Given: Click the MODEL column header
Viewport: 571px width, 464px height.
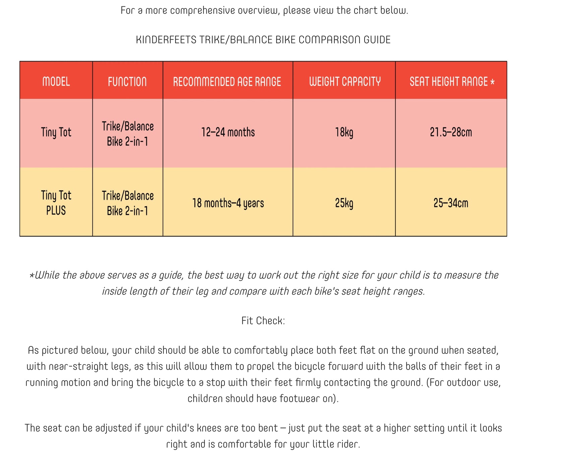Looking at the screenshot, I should coord(56,81).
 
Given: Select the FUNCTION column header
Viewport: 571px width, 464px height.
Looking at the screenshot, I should coord(127,81).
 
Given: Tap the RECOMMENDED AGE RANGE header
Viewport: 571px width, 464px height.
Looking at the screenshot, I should coord(227,81).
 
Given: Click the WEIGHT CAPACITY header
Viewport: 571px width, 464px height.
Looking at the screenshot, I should coord(345,81).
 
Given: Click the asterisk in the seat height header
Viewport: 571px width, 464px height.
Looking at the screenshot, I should coord(492,82).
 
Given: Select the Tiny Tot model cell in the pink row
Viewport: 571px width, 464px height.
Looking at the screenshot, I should coord(56,132).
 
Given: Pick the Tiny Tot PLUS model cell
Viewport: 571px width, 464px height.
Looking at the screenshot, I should coord(56,203).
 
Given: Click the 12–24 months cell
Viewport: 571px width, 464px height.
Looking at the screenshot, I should coord(228,132).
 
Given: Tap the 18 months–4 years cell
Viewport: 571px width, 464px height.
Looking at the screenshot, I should coord(228,203).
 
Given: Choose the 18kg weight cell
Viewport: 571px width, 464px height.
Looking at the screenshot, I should coord(344,132).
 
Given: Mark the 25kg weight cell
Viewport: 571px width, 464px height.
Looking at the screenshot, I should coord(344,203).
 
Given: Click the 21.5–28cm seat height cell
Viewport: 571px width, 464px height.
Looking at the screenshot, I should coord(451,132).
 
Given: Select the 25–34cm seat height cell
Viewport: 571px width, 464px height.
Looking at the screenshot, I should coord(451,203).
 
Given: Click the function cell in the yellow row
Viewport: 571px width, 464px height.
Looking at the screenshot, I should coord(128,203).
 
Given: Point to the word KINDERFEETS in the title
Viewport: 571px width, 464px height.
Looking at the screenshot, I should coord(166,40).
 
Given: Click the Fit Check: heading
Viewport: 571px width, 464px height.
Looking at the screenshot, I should coord(263,321).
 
